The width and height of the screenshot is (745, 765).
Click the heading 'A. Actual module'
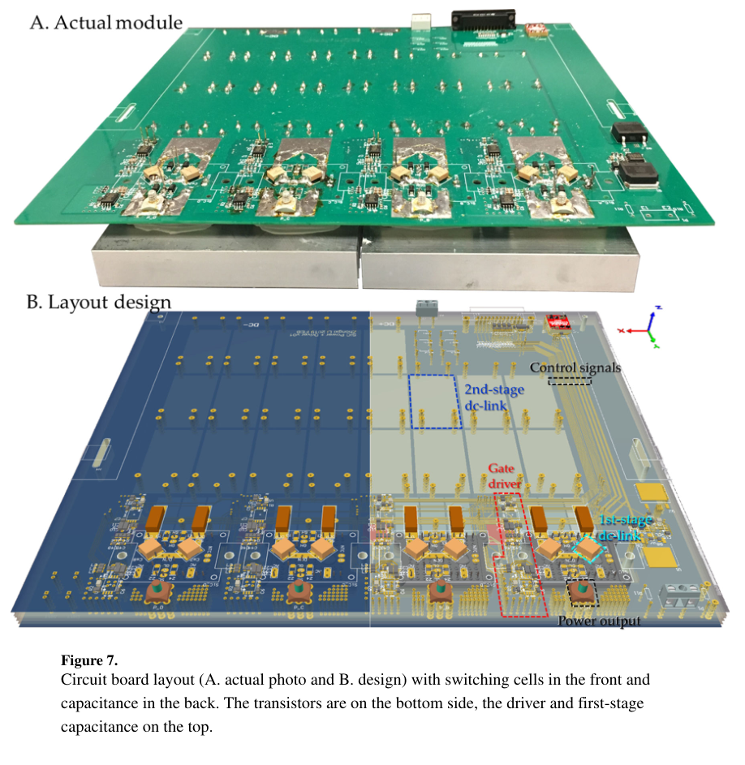pyautogui.click(x=106, y=22)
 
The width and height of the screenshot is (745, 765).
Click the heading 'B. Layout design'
pyautogui.click(x=99, y=303)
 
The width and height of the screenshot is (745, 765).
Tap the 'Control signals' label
pyautogui.click(x=575, y=367)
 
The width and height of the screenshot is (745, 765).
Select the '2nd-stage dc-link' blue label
pyautogui.click(x=493, y=400)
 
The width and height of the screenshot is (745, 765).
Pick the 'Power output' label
pyautogui.click(x=599, y=621)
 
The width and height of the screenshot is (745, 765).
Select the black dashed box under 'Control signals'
pyautogui.click(x=570, y=380)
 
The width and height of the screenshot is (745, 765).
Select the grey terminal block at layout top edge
pyautogui.click(x=426, y=308)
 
